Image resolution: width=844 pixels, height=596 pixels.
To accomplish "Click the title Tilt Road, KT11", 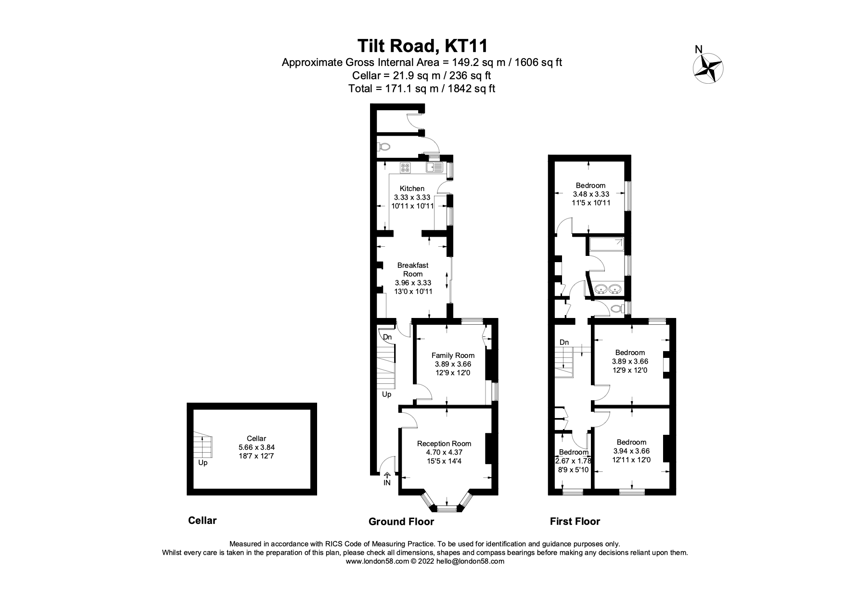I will click(x=422, y=46).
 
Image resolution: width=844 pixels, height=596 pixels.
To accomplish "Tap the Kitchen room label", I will click(x=412, y=189).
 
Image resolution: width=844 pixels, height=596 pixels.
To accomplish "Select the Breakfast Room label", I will click(x=412, y=269).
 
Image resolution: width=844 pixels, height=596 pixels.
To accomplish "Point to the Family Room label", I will click(x=453, y=355).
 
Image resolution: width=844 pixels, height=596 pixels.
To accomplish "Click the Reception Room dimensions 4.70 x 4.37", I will click(x=444, y=452).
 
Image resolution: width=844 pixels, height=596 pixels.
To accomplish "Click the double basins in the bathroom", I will click(x=607, y=289).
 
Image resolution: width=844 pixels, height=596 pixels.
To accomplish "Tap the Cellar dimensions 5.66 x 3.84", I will click(x=256, y=447).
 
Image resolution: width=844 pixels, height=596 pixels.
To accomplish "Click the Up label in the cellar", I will click(x=203, y=463).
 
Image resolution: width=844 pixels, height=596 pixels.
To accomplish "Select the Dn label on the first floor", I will click(x=564, y=342).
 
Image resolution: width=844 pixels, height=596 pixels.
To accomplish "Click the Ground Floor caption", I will click(x=401, y=521).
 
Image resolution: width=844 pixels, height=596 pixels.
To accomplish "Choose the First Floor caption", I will click(x=575, y=521).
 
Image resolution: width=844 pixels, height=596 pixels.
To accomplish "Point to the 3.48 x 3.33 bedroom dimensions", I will click(x=590, y=194).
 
